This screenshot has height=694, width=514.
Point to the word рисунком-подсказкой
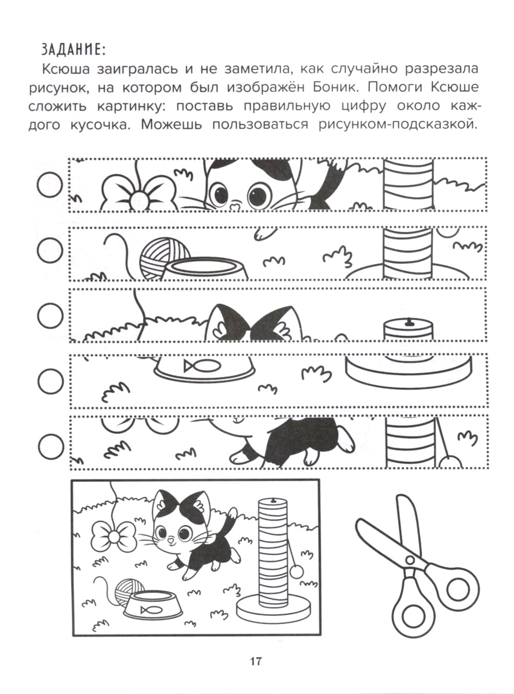click(x=398, y=125)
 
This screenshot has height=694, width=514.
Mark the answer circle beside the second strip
click(x=50, y=250)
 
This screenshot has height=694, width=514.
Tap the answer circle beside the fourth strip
click(x=50, y=381)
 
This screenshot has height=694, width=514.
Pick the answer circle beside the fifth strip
click(x=50, y=445)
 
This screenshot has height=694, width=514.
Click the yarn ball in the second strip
click(x=163, y=258)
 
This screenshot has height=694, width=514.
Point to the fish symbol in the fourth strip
click(x=202, y=365)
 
